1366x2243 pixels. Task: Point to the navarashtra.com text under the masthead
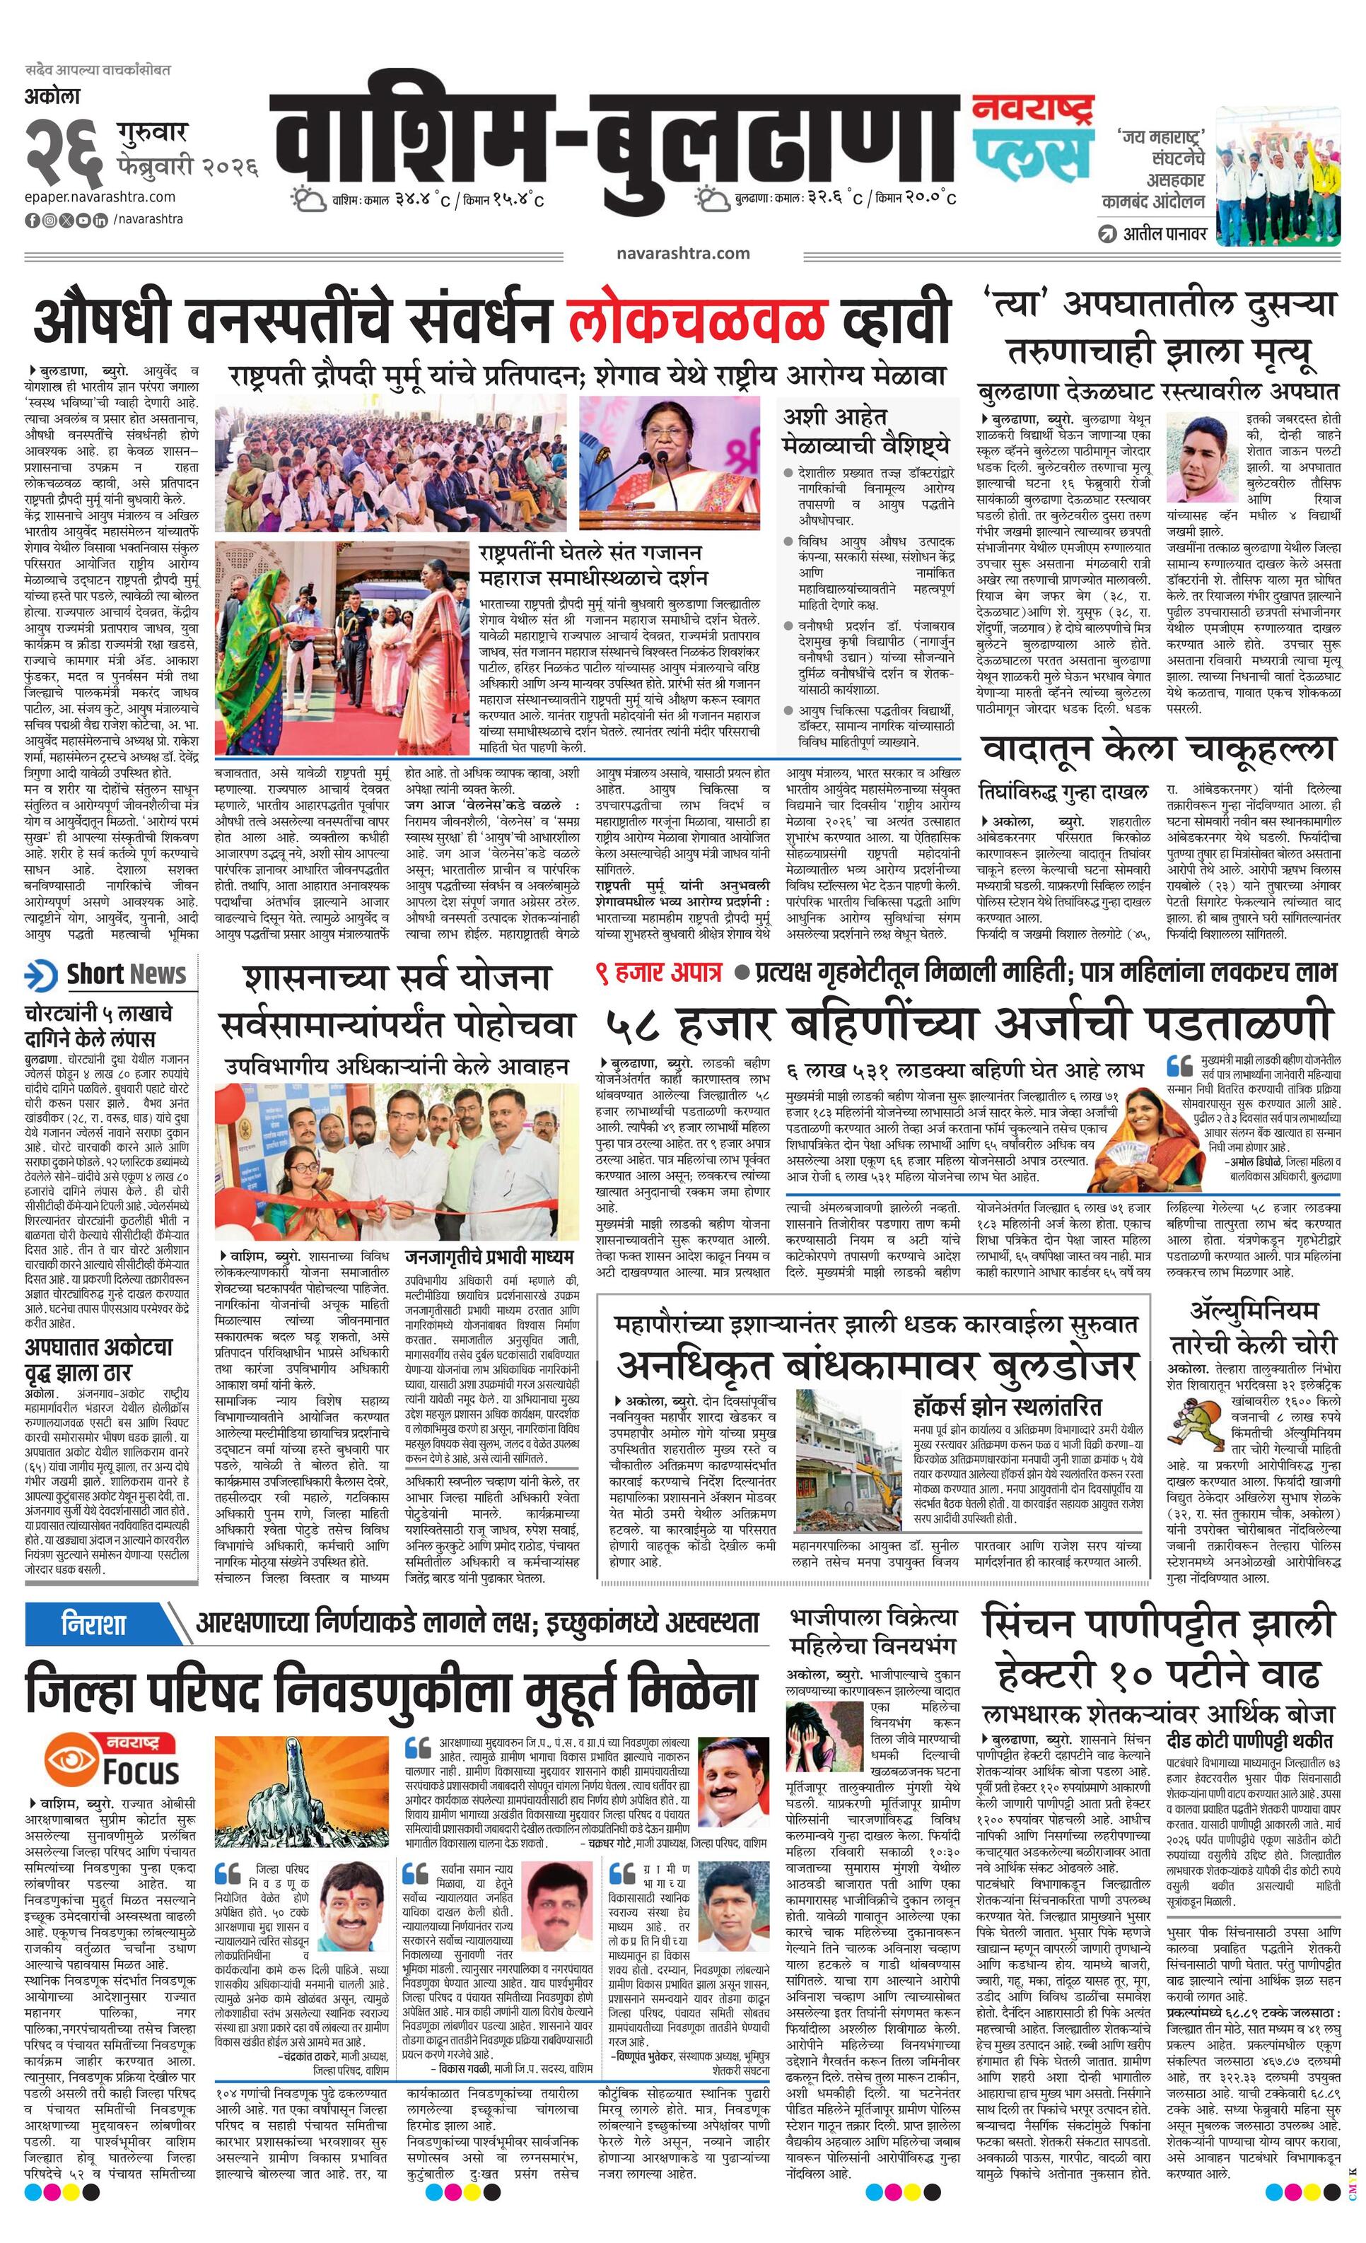[682, 253]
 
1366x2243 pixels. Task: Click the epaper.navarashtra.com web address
[100, 197]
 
